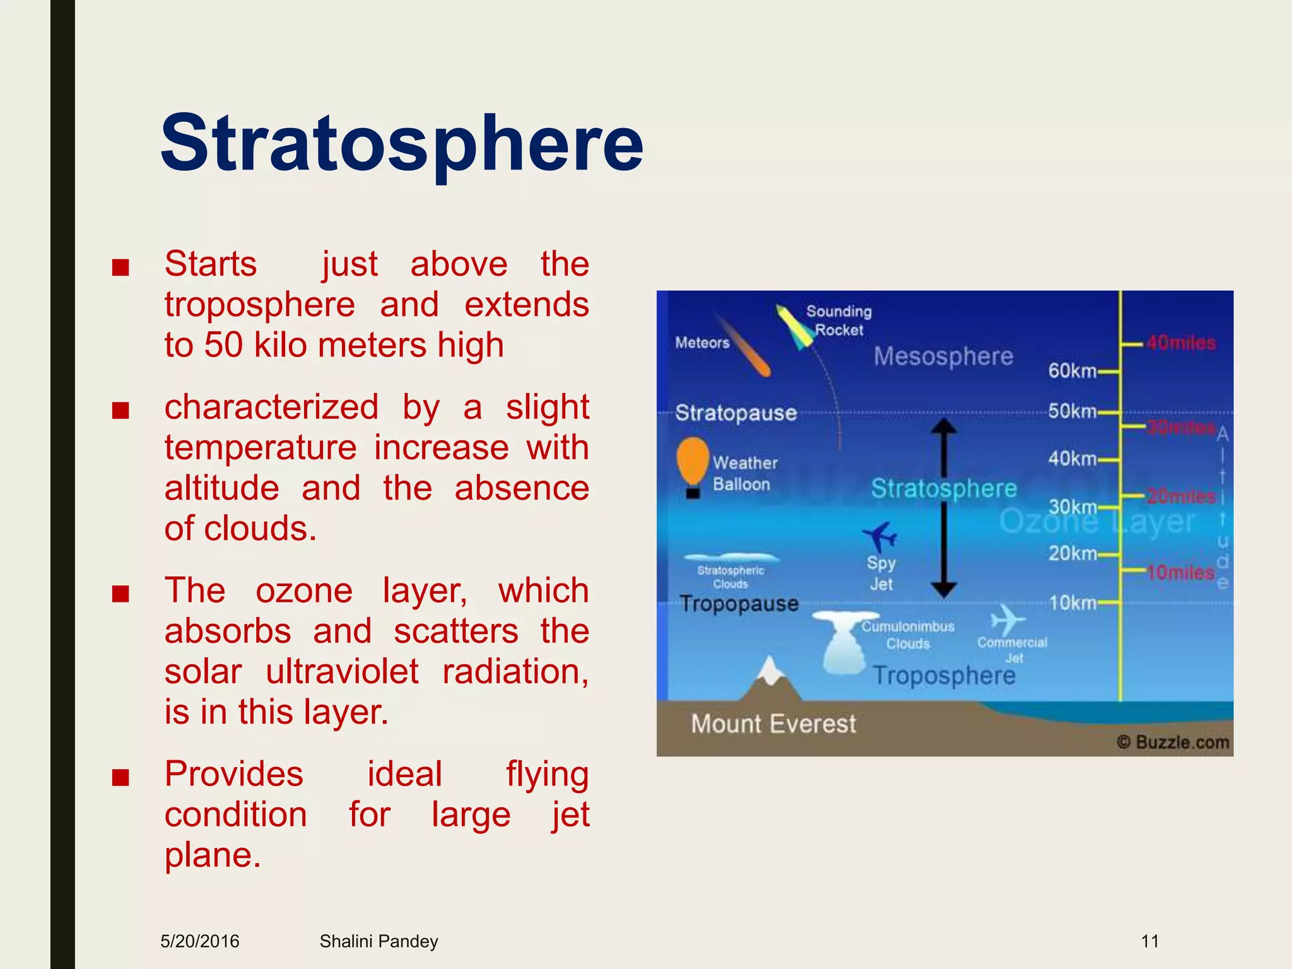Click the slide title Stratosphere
pos(402,144)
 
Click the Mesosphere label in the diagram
pos(943,356)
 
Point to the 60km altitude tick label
pos(1072,371)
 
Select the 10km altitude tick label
pos(1072,603)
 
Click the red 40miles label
pos(1180,343)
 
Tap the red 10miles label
pos(1180,572)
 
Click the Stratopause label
pos(736,413)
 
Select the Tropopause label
pos(739,604)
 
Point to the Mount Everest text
pos(773,724)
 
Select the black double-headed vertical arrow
pos(944,508)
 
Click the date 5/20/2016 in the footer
pos(200,941)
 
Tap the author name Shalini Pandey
pos(379,941)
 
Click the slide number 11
pos(1149,941)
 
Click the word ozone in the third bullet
pos(303,591)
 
